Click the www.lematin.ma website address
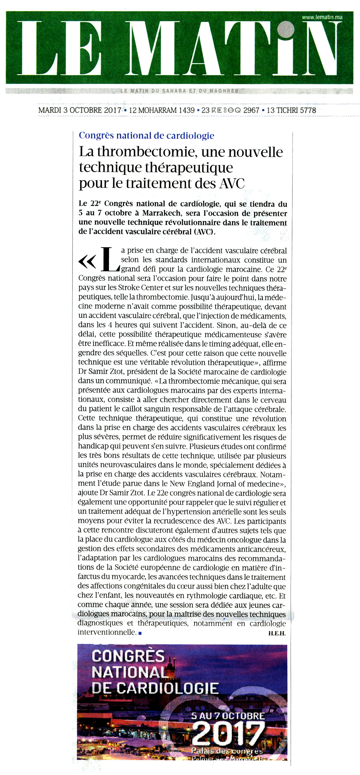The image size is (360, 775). tap(322, 17)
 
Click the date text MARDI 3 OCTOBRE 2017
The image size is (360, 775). tap(80, 110)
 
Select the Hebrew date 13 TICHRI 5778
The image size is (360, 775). tap(291, 110)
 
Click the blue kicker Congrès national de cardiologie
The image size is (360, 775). tap(146, 136)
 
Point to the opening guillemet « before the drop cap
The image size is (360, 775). tap(87, 262)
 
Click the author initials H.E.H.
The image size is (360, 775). tap(277, 633)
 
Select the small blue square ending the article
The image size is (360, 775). tap(140, 633)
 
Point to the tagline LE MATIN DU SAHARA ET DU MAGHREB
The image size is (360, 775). tap(179, 91)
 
